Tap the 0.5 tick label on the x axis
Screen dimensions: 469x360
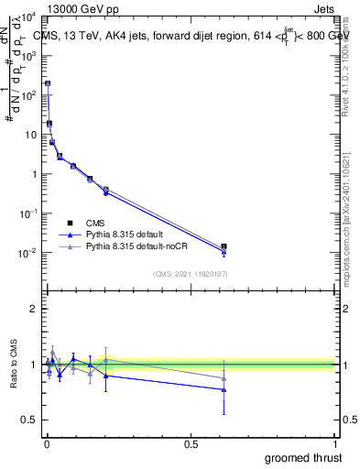(x=191, y=444)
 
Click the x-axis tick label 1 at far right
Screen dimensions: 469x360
(x=335, y=444)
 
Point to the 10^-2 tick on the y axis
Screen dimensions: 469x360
(x=27, y=253)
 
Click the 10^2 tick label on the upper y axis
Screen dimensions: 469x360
(x=27, y=95)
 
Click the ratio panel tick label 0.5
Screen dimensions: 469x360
(x=29, y=420)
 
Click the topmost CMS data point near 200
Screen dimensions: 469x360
(x=48, y=83)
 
